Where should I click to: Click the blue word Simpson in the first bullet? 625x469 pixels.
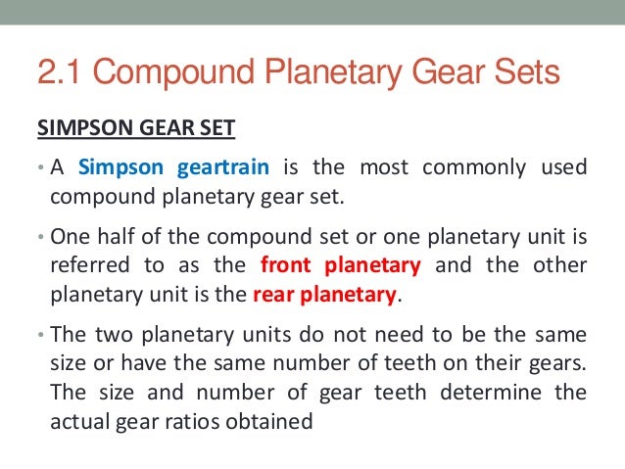[x=122, y=166]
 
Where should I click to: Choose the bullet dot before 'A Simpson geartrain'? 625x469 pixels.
[x=40, y=167]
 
